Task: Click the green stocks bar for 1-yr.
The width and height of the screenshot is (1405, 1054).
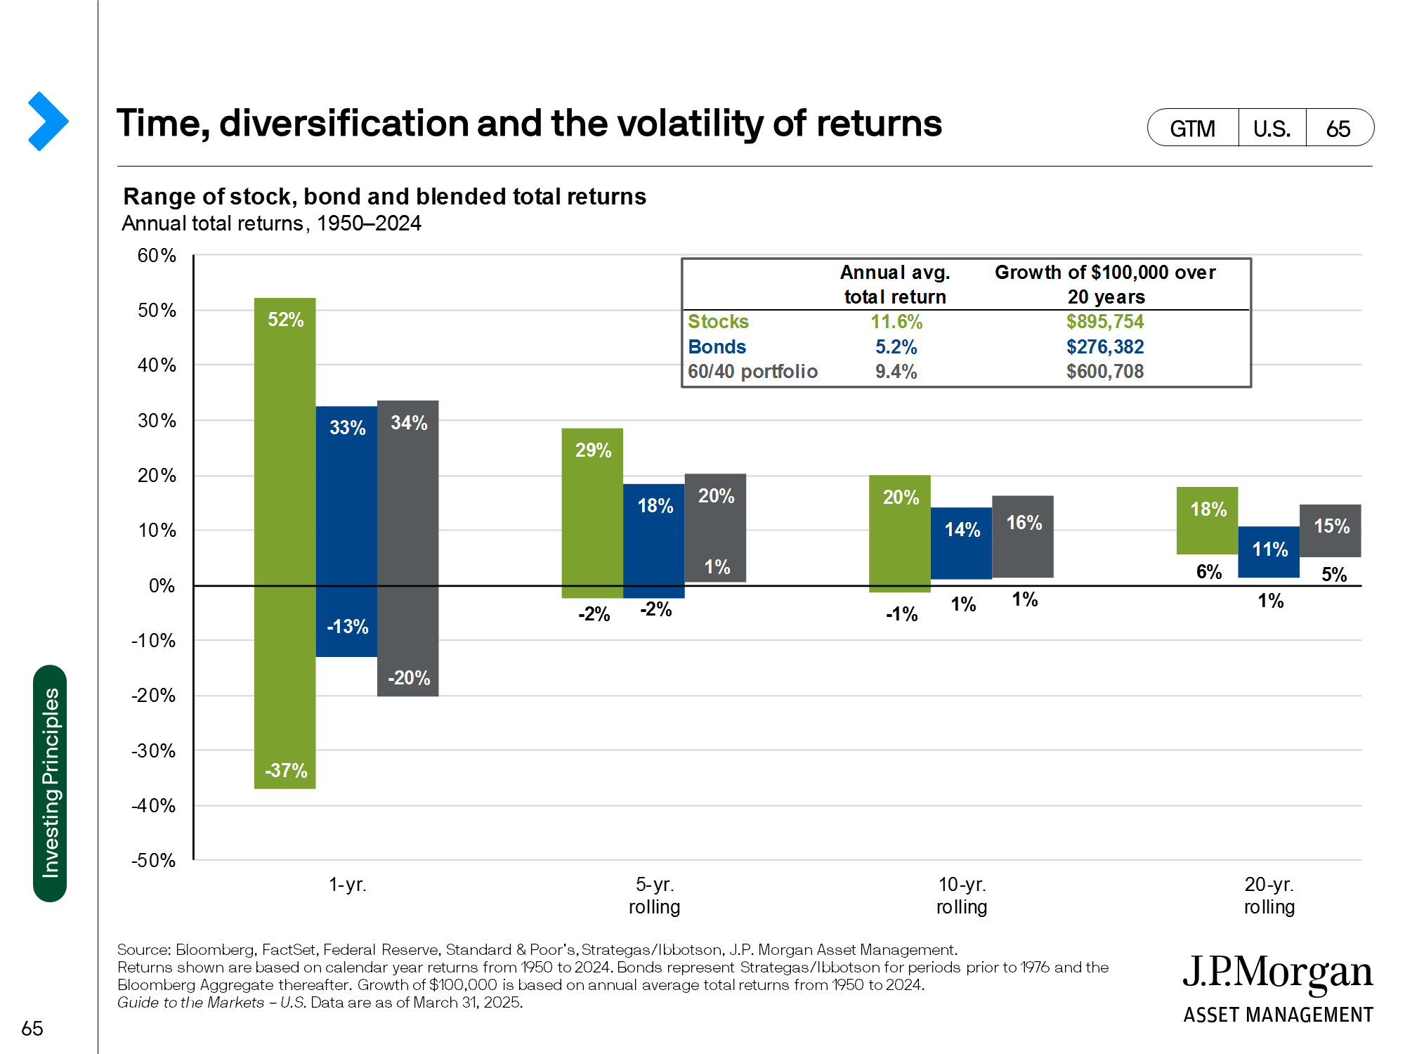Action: (285, 541)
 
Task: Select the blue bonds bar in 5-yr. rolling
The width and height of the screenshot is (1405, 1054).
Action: (654, 541)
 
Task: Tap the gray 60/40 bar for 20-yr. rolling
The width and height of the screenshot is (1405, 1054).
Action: (1330, 531)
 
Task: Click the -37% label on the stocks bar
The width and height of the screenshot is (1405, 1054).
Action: (286, 771)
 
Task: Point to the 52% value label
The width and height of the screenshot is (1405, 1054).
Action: (286, 320)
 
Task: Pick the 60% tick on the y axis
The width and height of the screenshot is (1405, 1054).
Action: (157, 256)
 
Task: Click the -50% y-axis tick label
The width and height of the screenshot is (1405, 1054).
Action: (154, 860)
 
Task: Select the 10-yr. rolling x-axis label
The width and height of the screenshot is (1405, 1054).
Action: (962, 895)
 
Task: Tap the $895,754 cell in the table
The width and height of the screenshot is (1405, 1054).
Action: (1105, 322)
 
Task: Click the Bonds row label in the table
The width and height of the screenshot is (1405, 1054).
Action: (717, 347)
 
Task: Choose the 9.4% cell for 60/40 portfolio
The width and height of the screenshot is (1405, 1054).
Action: (896, 372)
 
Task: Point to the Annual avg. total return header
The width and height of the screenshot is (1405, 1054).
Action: (895, 285)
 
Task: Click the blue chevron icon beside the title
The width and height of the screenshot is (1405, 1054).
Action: (48, 122)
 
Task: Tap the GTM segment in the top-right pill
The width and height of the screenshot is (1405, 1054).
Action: (1192, 129)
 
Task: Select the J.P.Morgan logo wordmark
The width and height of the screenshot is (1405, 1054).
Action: (1277, 973)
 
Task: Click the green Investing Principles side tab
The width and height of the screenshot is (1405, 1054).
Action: (50, 783)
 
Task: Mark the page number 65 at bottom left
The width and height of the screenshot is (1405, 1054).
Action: (32, 1029)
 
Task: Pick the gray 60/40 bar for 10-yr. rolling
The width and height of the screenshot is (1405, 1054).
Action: (1023, 537)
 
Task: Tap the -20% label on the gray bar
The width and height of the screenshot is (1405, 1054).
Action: (409, 678)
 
